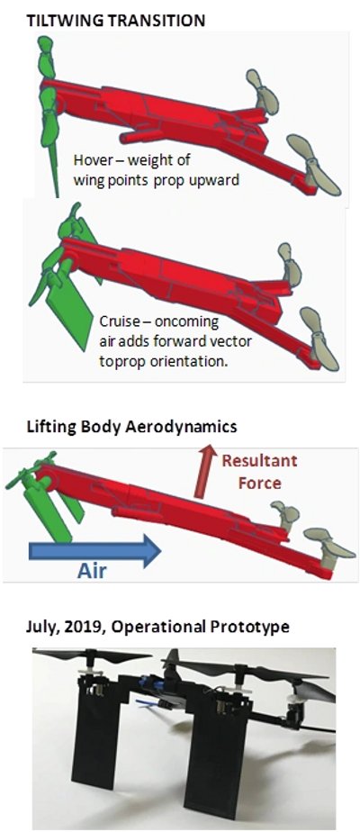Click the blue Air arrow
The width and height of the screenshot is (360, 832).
tap(94, 551)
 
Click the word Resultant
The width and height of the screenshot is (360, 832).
tap(259, 461)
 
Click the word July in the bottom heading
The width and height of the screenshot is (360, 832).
tap(40, 628)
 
